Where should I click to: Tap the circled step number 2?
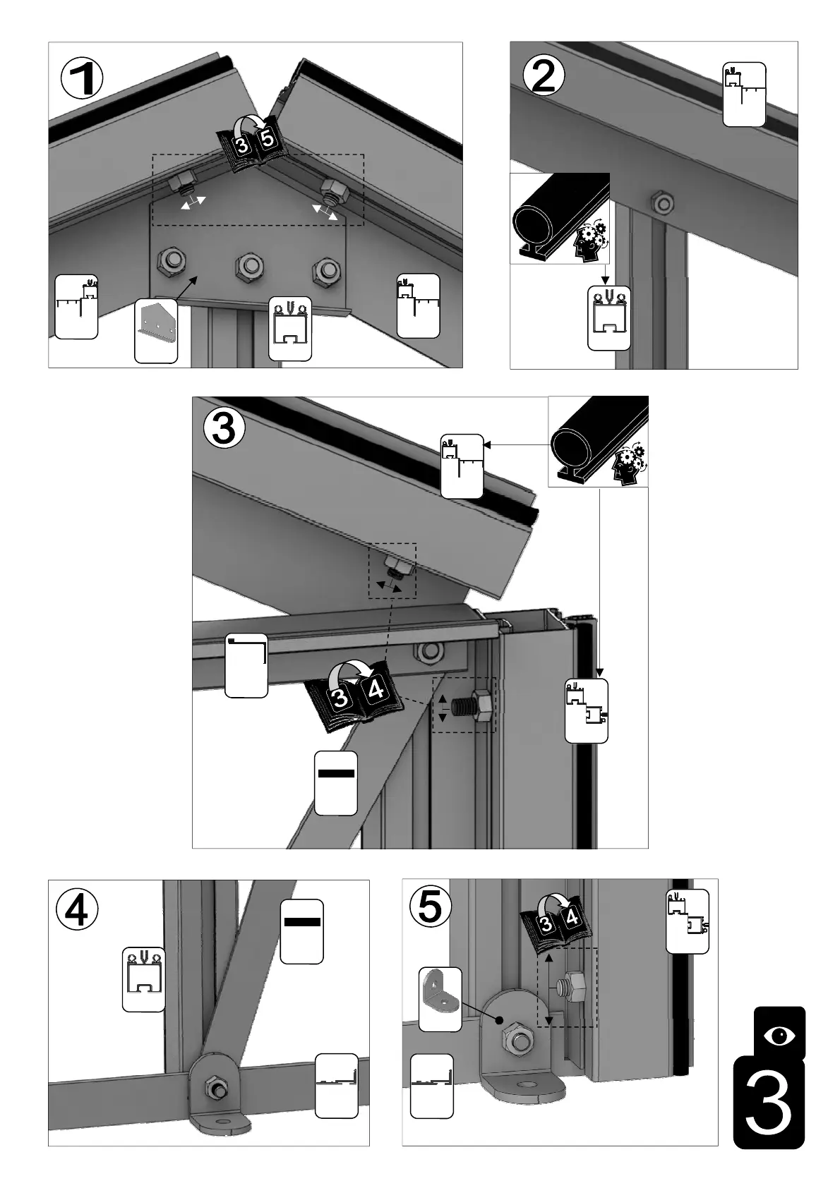[544, 75]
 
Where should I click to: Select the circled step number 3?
[224, 428]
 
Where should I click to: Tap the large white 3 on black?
[769, 1103]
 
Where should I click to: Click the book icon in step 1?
[252, 143]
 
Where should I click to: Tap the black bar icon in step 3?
[335, 773]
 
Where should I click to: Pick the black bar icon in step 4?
[302, 921]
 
